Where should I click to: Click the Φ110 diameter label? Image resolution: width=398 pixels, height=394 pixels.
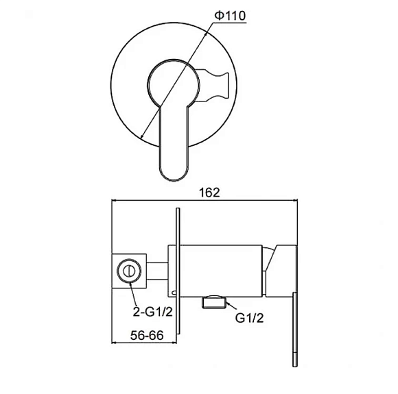(230, 16)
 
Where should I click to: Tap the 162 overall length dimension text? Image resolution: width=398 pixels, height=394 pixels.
(209, 193)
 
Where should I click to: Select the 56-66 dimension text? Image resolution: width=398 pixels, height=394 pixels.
(147, 336)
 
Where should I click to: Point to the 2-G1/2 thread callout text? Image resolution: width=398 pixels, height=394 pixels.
(152, 312)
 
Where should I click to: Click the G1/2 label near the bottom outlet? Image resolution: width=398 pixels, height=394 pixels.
(250, 318)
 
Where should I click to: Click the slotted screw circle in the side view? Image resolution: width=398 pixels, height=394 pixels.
(129, 271)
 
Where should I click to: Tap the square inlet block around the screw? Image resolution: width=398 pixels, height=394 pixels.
(129, 271)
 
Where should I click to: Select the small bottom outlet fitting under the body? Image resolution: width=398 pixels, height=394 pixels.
(213, 302)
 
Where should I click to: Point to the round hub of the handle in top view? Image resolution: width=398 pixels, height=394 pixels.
(174, 84)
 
